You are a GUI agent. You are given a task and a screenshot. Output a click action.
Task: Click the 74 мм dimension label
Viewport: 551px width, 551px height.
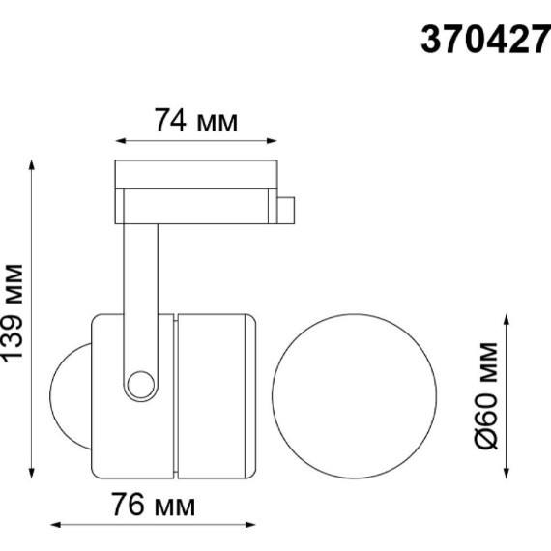tap(195, 123)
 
